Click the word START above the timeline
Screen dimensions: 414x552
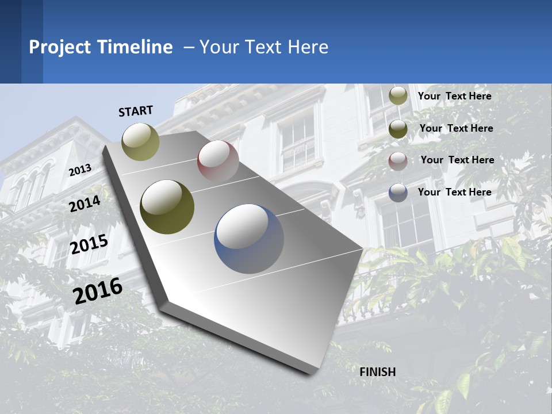pyautogui.click(x=136, y=111)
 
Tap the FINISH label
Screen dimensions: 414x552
pyautogui.click(x=377, y=372)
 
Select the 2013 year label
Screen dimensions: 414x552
pyautogui.click(x=80, y=170)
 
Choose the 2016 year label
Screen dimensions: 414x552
pyautogui.click(x=98, y=291)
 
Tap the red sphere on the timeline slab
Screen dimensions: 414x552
pyautogui.click(x=218, y=161)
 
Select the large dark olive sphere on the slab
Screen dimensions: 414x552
pyautogui.click(x=167, y=207)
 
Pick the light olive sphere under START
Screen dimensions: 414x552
pyautogui.click(x=140, y=141)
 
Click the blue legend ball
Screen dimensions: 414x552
pyautogui.click(x=398, y=193)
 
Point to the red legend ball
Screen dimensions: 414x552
pyautogui.click(x=398, y=161)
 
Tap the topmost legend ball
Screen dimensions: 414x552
pyautogui.click(x=398, y=95)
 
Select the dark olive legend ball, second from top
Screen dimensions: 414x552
pyautogui.click(x=398, y=129)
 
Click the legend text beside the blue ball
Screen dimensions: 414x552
pyautogui.click(x=454, y=192)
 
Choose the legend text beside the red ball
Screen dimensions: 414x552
pyautogui.click(x=457, y=160)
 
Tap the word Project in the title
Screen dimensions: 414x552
pyautogui.click(x=60, y=47)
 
